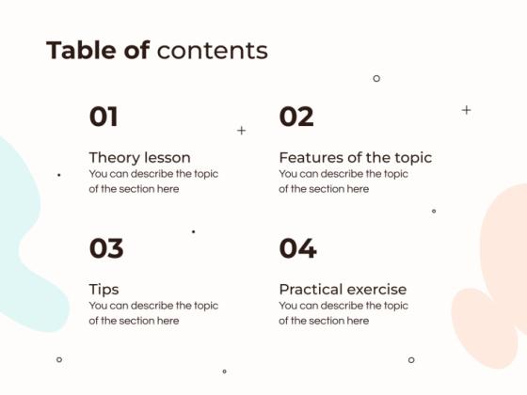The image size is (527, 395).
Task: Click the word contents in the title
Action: click(x=213, y=50)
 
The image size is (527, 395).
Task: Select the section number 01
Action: click(x=104, y=118)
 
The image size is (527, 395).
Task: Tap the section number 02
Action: click(x=296, y=118)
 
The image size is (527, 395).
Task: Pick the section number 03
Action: click(x=106, y=249)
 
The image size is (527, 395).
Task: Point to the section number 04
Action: click(x=297, y=249)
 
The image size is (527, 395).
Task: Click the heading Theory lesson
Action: click(x=139, y=158)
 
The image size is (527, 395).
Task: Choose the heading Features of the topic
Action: click(x=355, y=158)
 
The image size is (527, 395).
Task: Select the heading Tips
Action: click(x=104, y=290)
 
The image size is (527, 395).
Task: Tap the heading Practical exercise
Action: click(x=343, y=290)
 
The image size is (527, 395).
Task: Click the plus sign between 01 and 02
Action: click(x=242, y=131)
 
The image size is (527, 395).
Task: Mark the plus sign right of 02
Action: click(x=466, y=110)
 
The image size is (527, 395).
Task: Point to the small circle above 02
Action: click(x=376, y=78)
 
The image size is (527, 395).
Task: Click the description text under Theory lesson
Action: click(x=153, y=182)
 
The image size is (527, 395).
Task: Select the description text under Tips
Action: click(x=153, y=313)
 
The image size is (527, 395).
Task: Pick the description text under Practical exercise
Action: click(x=343, y=313)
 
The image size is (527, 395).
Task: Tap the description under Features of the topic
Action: click(x=343, y=182)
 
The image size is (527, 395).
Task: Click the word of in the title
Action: click(x=137, y=50)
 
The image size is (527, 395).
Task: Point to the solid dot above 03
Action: click(x=194, y=231)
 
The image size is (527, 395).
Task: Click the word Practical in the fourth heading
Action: click(x=311, y=290)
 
